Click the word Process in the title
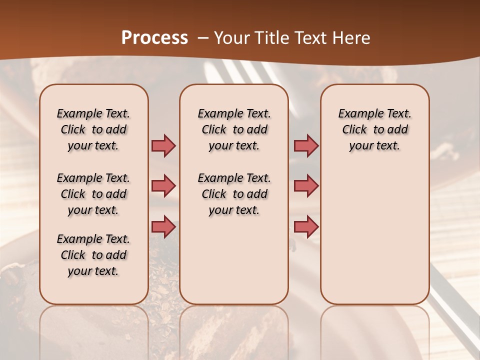[x=154, y=38]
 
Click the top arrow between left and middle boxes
[x=163, y=145]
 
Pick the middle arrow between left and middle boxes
[x=163, y=186]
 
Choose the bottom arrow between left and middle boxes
[x=163, y=226]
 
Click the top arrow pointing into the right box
[x=306, y=145]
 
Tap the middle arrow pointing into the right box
[x=306, y=186]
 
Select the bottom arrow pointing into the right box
[x=306, y=226]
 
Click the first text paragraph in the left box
[x=93, y=129]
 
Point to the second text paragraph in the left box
[x=93, y=194]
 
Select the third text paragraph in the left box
[x=93, y=255]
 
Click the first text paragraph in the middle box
[x=234, y=129]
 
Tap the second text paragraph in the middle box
[x=234, y=194]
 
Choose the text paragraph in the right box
[x=374, y=129]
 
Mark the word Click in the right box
[x=354, y=129]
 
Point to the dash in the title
[x=203, y=38]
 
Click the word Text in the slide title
[x=311, y=38]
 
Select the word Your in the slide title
[x=232, y=38]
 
